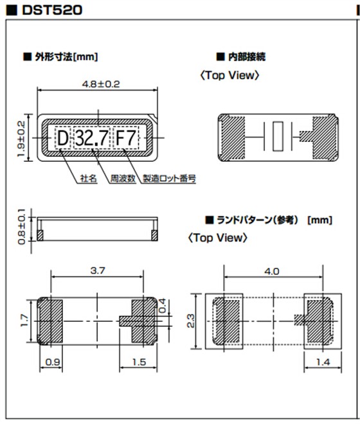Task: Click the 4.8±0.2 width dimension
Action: coord(98,84)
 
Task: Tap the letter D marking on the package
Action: coord(62,138)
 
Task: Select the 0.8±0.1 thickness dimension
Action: coord(21,226)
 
